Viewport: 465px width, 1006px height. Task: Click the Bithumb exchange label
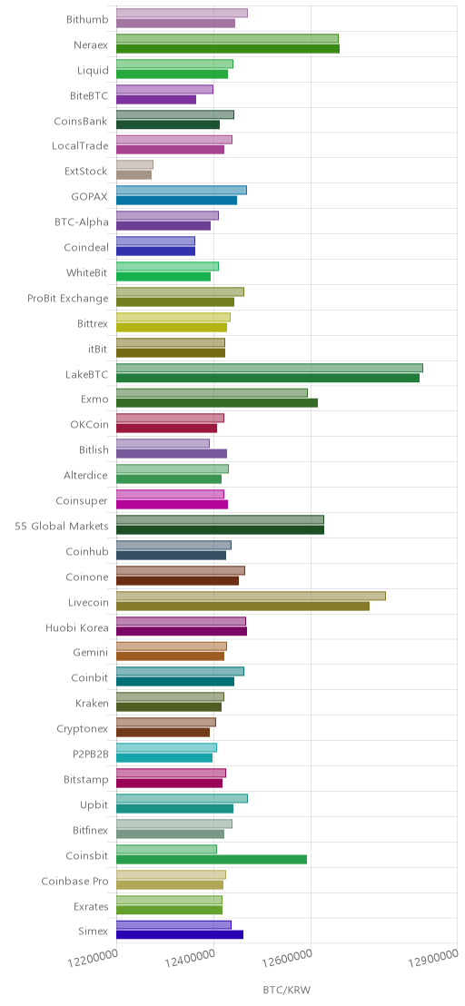click(87, 19)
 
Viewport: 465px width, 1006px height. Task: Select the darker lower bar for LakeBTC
click(267, 378)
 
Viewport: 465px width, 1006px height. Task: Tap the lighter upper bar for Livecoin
click(251, 596)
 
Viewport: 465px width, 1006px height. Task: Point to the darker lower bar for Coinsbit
click(212, 859)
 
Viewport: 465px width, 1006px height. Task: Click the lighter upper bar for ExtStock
click(134, 165)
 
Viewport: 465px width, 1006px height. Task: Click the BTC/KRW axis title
click(286, 990)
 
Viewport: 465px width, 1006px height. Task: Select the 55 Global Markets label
click(62, 526)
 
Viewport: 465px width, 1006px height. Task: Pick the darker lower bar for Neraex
click(228, 48)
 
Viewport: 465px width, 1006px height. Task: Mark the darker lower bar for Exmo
click(217, 403)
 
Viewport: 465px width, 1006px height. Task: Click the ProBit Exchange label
click(68, 298)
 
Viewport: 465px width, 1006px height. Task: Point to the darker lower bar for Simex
click(180, 935)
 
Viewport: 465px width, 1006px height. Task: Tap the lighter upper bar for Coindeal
click(155, 241)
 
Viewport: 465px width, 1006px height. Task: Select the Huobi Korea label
click(77, 627)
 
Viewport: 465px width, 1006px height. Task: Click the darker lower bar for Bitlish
click(172, 454)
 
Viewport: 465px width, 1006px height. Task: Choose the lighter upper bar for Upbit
click(182, 798)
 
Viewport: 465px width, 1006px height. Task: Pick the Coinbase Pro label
click(75, 882)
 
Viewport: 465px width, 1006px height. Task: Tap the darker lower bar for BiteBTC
click(156, 100)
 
